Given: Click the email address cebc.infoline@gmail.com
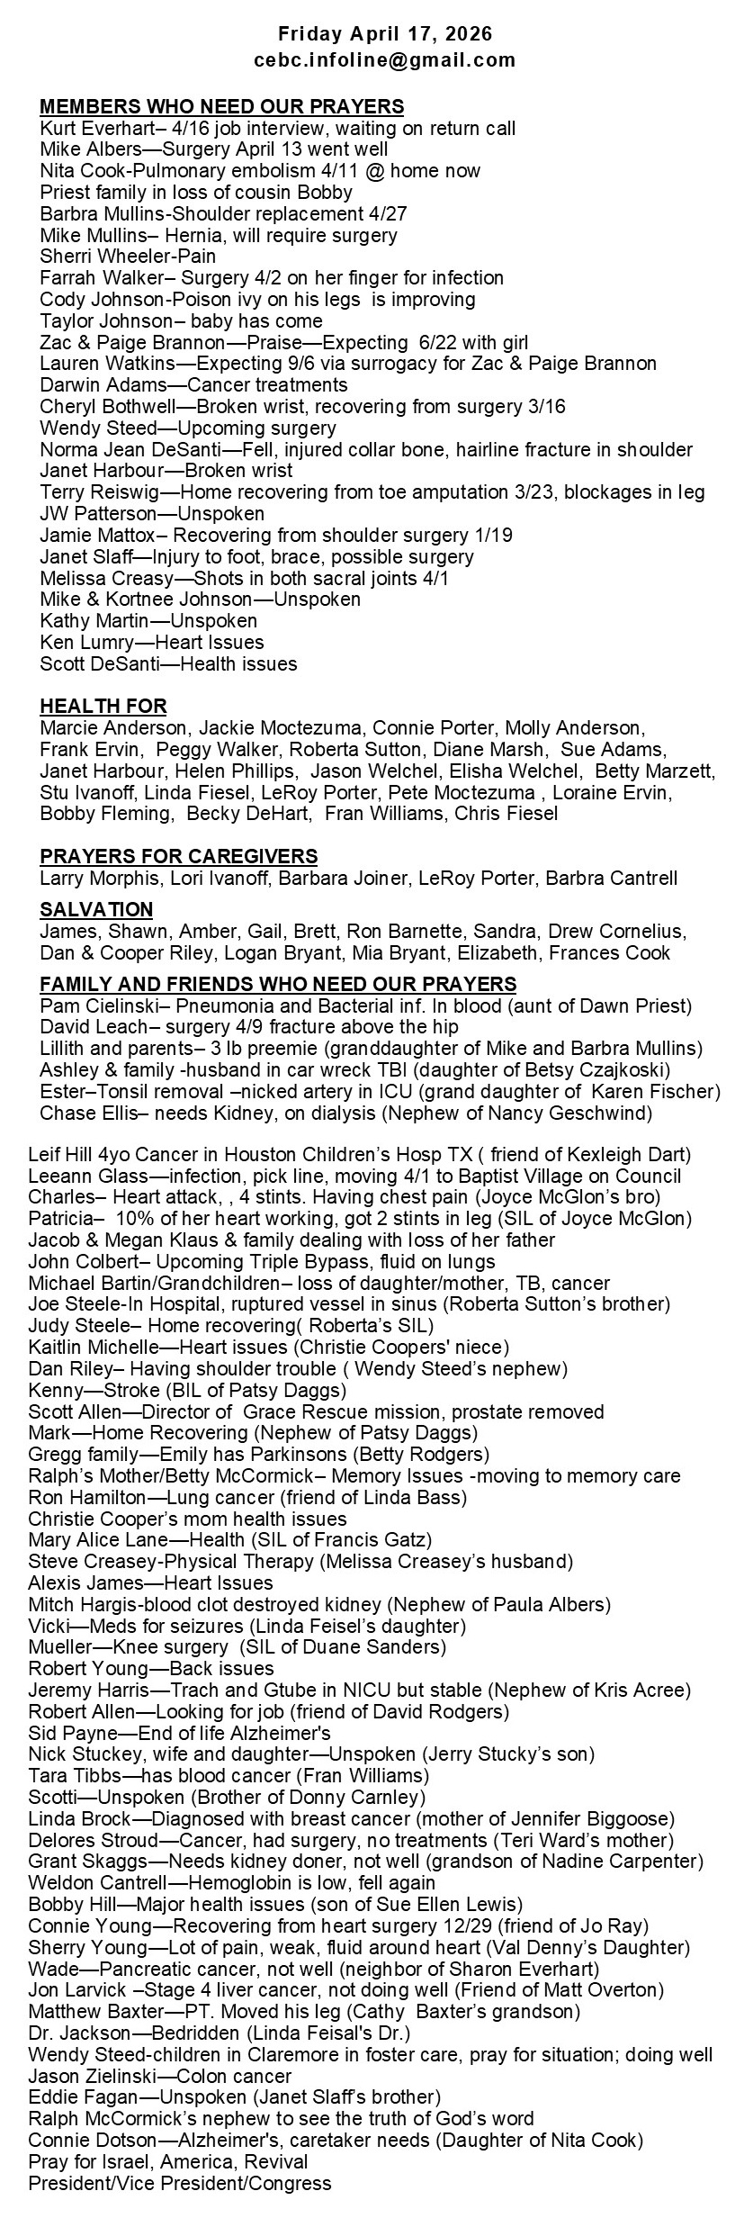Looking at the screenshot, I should [x=385, y=60].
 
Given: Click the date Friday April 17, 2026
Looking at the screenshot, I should [x=385, y=34].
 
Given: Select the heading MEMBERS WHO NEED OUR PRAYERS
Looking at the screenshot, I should [x=221, y=106].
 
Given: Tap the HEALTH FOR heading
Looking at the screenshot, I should [x=103, y=706].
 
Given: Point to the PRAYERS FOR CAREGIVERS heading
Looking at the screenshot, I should [x=178, y=855].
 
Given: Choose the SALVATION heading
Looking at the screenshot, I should [x=96, y=909].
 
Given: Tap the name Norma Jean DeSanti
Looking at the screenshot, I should [x=112, y=449].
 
